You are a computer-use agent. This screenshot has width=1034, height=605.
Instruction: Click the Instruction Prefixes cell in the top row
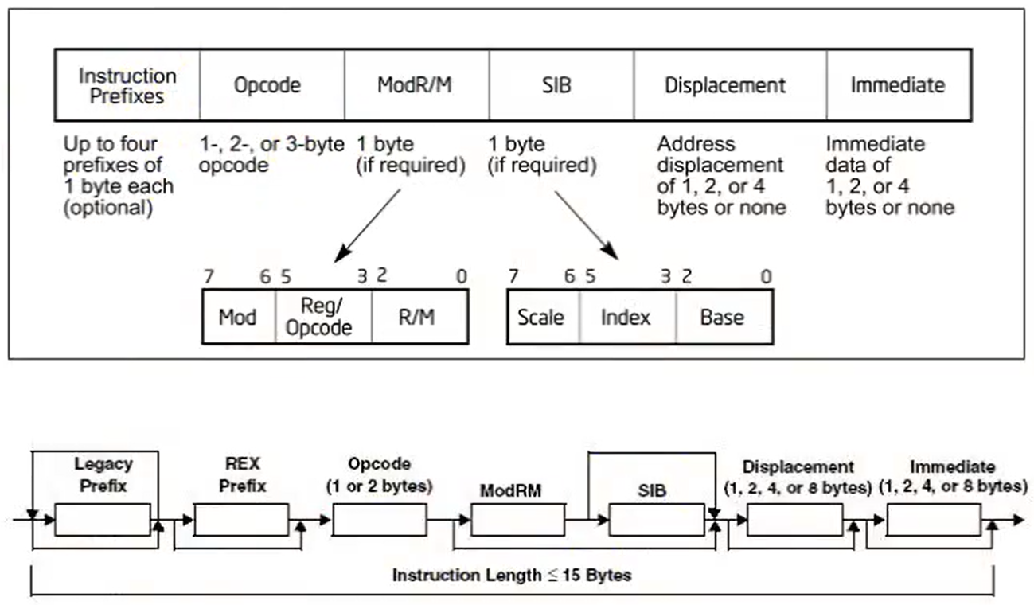tap(127, 85)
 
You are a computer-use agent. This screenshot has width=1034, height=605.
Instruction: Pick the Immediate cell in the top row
tap(898, 85)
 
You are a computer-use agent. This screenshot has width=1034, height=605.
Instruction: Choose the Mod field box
tap(239, 318)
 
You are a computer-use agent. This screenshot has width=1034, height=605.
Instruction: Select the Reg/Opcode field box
tap(323, 318)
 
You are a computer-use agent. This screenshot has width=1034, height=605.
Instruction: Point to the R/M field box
tap(419, 318)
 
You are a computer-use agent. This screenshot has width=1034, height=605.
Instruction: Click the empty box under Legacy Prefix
tap(103, 520)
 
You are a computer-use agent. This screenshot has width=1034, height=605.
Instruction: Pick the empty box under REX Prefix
tap(241, 520)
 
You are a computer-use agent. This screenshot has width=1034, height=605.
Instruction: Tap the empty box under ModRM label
tap(517, 520)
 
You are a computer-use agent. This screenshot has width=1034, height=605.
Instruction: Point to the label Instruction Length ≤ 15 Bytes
tap(512, 575)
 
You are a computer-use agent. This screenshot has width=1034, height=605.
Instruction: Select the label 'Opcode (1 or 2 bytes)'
tap(380, 474)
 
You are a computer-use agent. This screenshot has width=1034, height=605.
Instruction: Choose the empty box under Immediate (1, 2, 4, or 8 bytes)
tap(933, 520)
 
